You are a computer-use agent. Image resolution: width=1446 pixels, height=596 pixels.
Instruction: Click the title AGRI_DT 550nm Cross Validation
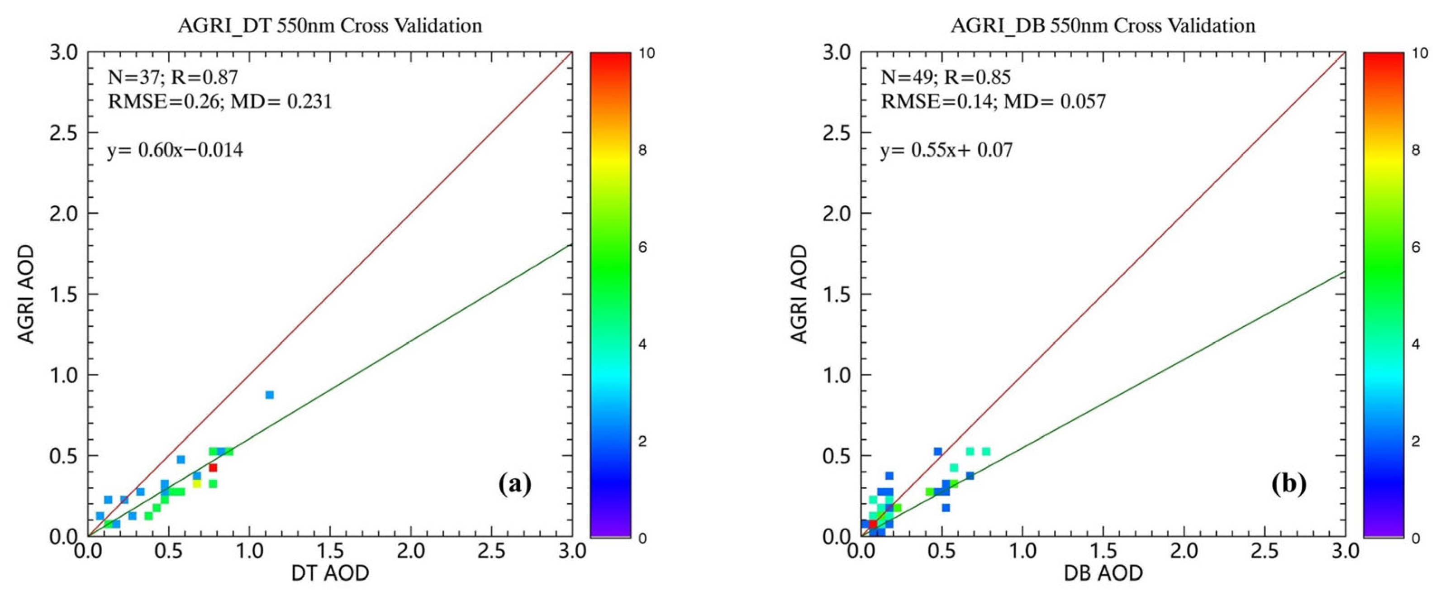[x=330, y=26]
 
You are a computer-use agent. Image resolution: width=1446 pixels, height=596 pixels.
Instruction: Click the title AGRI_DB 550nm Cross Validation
[x=1103, y=26]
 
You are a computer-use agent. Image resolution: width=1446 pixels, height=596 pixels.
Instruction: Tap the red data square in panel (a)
[x=213, y=467]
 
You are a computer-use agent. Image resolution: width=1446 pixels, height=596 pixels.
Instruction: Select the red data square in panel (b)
[x=873, y=524]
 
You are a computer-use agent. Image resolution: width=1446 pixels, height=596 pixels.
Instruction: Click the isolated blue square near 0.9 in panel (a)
[x=270, y=395]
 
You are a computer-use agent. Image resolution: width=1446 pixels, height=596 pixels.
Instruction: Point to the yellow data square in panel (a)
[x=196, y=484]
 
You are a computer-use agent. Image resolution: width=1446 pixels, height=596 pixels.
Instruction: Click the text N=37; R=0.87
[x=173, y=77]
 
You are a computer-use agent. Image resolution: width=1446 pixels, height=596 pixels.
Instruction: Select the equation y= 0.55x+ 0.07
[x=947, y=150]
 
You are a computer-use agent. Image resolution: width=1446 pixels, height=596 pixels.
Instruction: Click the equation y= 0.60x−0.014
[x=175, y=150]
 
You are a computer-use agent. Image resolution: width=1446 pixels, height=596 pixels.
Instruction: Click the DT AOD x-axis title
[x=330, y=573]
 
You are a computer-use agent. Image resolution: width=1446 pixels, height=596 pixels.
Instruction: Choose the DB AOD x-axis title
[x=1103, y=573]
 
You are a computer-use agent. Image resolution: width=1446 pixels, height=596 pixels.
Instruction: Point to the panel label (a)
[x=514, y=483]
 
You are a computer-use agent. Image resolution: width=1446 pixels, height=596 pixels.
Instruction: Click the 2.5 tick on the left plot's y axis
[x=64, y=133]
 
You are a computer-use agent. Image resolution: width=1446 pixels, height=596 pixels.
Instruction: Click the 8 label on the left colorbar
[x=642, y=150]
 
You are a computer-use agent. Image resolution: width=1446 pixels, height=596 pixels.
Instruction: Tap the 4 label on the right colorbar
[x=1415, y=344]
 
